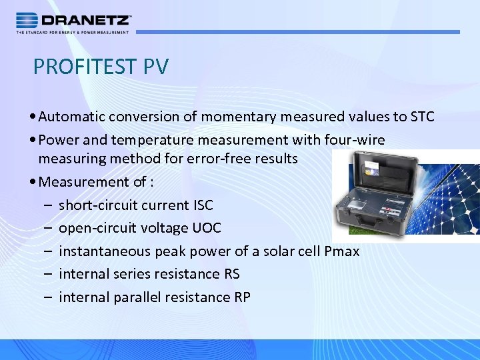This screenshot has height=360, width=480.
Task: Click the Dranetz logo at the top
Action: tap(73, 21)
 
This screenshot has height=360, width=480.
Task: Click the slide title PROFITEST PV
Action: tap(101, 67)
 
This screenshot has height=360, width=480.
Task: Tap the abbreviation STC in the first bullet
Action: tap(422, 117)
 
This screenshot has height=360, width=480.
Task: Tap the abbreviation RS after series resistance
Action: tap(232, 274)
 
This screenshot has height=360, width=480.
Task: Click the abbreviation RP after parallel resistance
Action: tap(242, 297)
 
